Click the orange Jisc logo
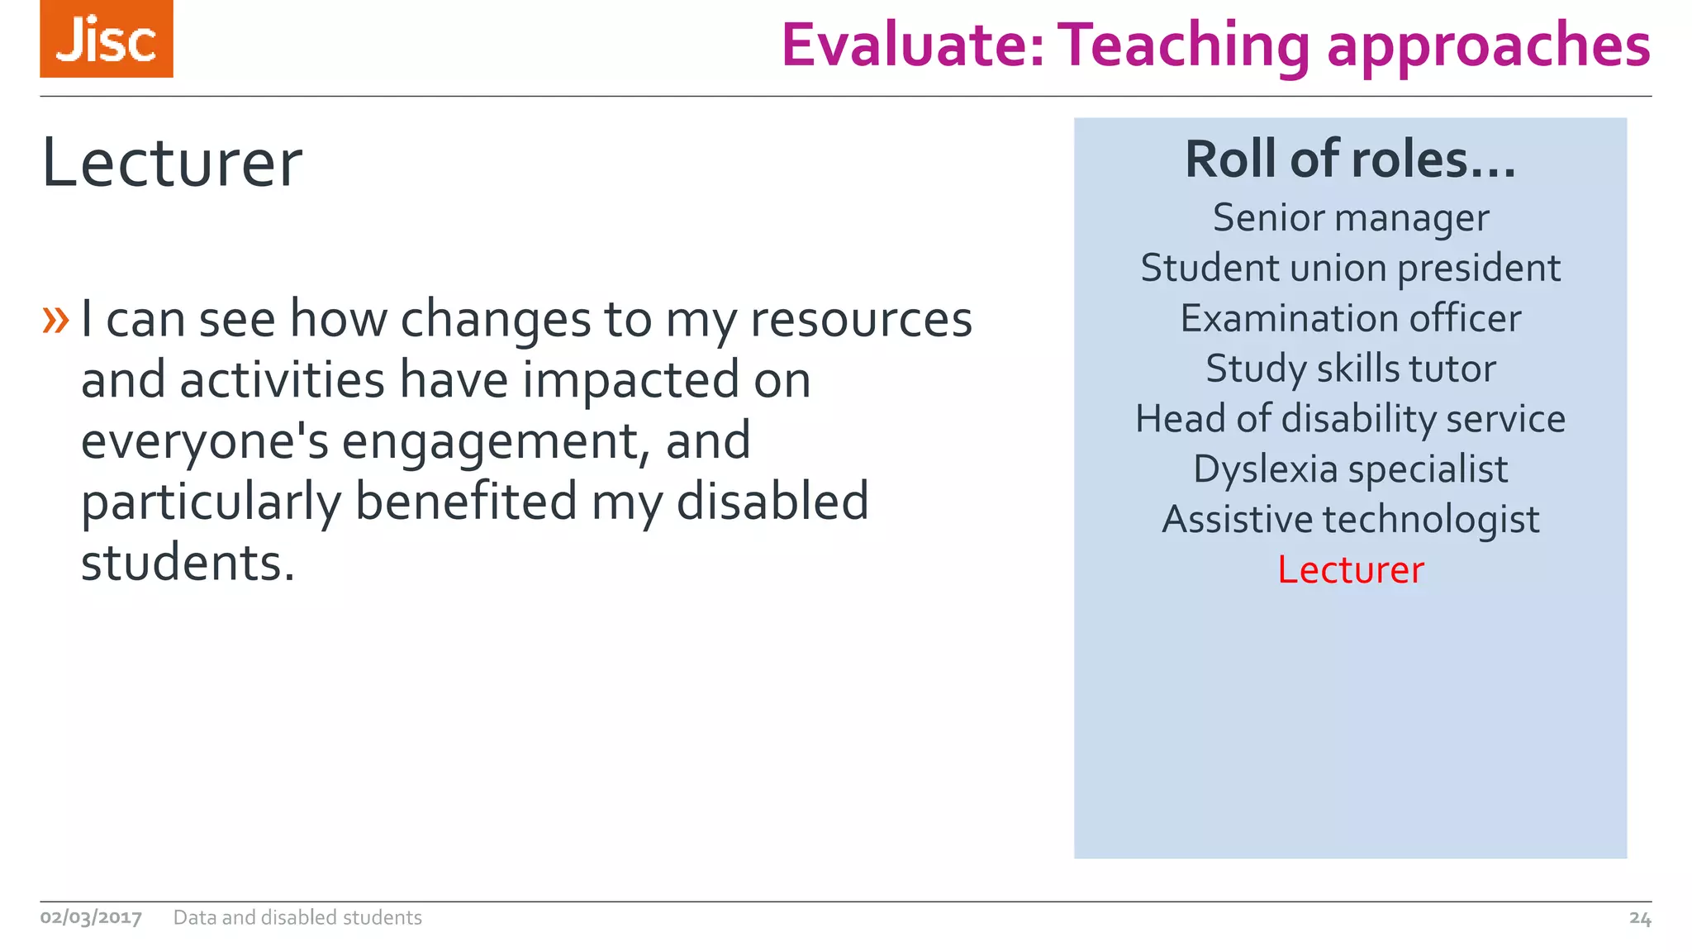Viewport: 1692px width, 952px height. click(107, 39)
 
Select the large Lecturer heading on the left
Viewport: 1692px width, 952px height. click(172, 163)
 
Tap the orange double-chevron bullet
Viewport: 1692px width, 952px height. click(55, 319)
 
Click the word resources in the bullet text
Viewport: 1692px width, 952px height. click(861, 320)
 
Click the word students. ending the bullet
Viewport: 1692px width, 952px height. click(188, 563)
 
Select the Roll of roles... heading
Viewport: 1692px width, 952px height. click(1350, 159)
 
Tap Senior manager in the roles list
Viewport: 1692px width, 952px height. click(1350, 218)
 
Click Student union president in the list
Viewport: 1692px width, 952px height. click(1350, 269)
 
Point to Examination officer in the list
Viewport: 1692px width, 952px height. click(1350, 319)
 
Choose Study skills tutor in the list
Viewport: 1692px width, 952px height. click(1350, 369)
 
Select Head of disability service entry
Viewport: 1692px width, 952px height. click(1350, 419)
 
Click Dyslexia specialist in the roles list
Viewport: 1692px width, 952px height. click(1350, 469)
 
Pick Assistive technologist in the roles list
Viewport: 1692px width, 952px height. click(1350, 520)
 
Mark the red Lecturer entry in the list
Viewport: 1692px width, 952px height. click(1350, 570)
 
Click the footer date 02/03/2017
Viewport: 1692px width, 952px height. click(91, 917)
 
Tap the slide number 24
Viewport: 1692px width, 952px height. click(1639, 918)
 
